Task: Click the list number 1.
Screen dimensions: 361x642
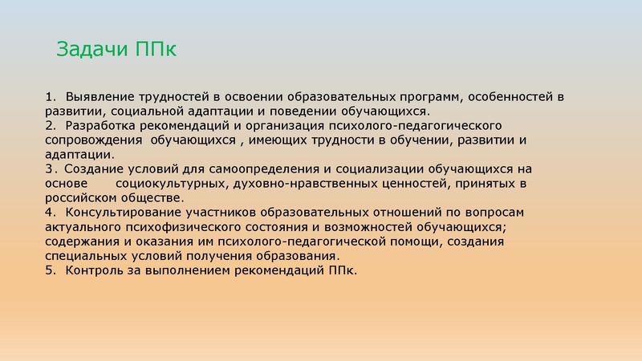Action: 50,96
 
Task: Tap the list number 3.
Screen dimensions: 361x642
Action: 50,168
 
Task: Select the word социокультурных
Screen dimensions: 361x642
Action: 165,183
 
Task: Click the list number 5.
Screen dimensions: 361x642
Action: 50,270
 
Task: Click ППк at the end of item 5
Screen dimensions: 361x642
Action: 340,270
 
